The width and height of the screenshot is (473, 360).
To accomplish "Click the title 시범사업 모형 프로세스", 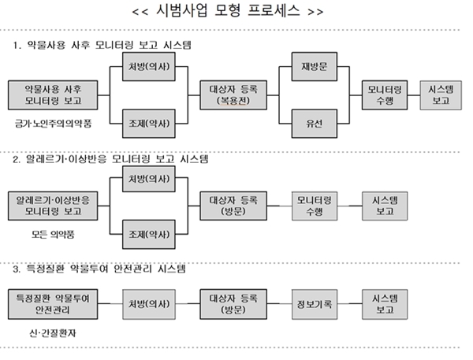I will point(236,13).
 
